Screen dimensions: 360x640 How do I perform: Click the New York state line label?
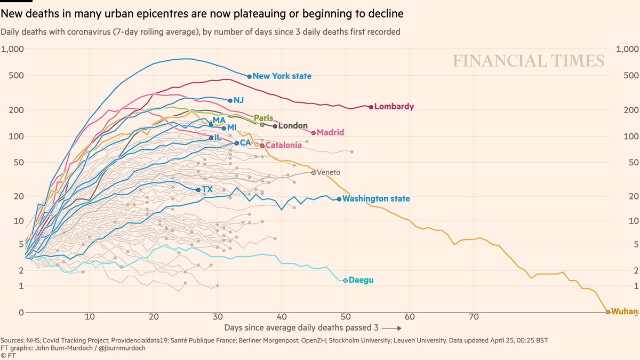(x=282, y=76)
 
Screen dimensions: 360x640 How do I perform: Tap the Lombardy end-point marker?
(x=371, y=107)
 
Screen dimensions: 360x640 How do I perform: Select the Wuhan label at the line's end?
(x=624, y=311)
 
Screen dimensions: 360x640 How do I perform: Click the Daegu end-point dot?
(x=346, y=280)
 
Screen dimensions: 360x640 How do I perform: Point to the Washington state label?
(x=376, y=199)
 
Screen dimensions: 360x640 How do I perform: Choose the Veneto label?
(x=329, y=172)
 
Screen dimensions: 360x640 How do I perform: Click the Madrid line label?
(x=330, y=132)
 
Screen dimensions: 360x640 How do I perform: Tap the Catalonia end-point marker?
(x=262, y=146)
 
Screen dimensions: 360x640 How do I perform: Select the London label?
(x=293, y=126)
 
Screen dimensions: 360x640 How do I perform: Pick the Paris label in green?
(x=263, y=118)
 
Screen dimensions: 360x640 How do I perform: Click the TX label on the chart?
(x=207, y=189)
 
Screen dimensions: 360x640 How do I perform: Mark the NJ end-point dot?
(x=230, y=100)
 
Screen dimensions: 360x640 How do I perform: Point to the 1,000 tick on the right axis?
(x=627, y=49)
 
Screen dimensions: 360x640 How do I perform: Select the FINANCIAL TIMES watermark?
(x=529, y=61)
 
